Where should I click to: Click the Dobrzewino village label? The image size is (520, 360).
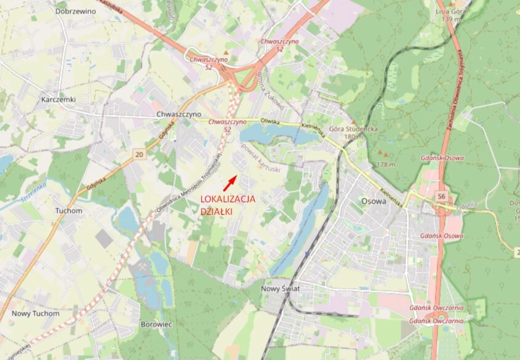pos(75,11)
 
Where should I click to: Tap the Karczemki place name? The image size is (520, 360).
pos(57,99)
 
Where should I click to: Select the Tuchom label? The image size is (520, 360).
pos(68,210)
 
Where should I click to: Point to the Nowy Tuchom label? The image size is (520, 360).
pos(35,313)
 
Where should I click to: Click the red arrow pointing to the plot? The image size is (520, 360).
pos(229,181)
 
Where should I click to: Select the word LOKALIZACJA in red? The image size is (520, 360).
pos(228,199)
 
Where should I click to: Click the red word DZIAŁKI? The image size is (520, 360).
pos(217,211)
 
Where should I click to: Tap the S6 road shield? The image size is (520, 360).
pos(441,196)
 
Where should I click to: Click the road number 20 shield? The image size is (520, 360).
pos(139,154)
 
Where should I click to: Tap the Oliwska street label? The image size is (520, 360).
pos(270,122)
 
